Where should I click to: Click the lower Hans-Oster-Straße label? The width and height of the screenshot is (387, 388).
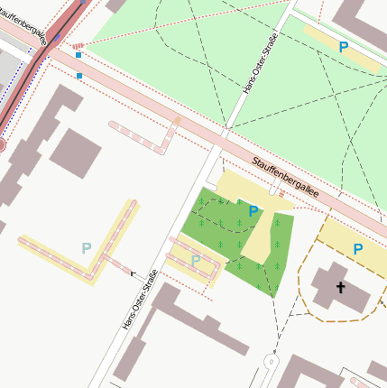tap(138, 299)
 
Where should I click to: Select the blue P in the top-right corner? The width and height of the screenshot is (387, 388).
tap(343, 46)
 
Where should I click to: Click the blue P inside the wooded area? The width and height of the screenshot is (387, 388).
tap(253, 211)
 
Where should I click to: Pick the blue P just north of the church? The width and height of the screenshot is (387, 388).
tap(358, 248)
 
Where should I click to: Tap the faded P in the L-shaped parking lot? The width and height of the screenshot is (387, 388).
tap(87, 247)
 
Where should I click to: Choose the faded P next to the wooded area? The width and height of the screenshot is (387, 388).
tap(196, 260)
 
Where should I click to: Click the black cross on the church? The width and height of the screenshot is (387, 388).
tap(341, 288)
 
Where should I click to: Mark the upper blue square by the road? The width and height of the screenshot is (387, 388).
tap(78, 55)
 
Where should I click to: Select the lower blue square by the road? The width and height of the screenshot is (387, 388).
tap(79, 76)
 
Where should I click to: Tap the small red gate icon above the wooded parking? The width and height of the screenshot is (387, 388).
tap(281, 193)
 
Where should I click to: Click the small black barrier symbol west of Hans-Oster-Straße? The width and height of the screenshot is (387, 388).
tap(134, 273)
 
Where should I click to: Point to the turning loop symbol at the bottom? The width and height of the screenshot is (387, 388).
tap(270, 361)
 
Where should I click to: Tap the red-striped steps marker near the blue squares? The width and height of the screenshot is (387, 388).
tap(78, 45)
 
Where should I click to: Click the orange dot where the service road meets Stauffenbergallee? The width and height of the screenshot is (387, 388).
tap(178, 119)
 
